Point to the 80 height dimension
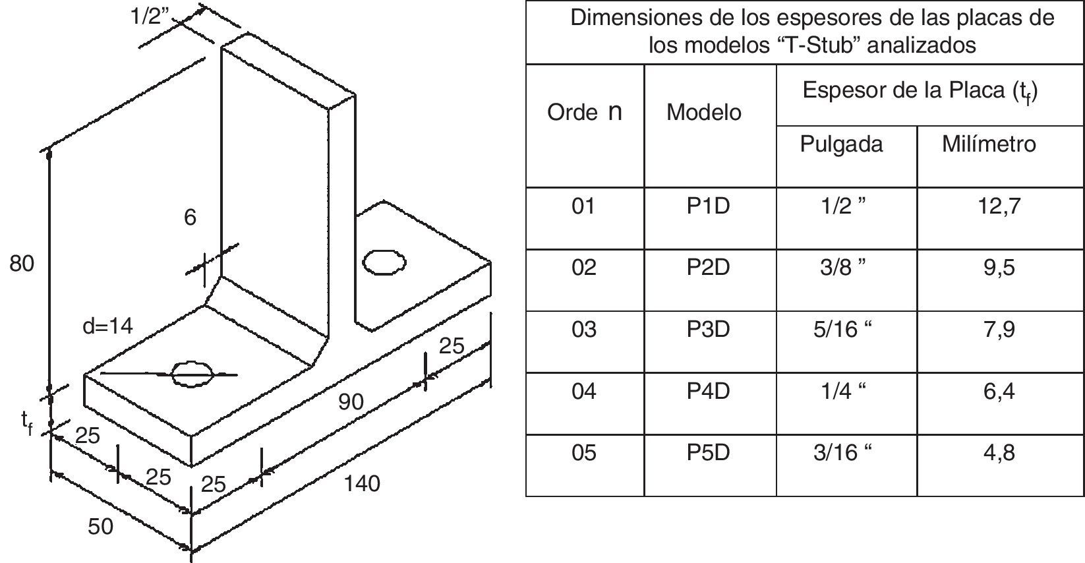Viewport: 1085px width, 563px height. (x=21, y=264)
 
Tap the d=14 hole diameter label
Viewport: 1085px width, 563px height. (x=107, y=326)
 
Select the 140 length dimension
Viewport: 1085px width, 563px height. (x=362, y=484)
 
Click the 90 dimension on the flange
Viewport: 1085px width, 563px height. (x=351, y=401)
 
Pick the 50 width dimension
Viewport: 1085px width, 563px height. (x=100, y=526)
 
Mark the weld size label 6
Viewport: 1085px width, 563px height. (x=190, y=217)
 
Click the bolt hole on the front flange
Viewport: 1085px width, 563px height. (x=192, y=373)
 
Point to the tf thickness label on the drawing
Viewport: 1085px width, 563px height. (x=27, y=422)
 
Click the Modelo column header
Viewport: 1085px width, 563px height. (x=703, y=113)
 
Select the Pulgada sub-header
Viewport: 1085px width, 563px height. (x=841, y=144)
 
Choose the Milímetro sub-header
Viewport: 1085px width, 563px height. (x=989, y=144)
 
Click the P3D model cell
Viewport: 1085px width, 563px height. (x=708, y=329)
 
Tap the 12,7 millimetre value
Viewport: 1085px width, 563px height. (x=999, y=206)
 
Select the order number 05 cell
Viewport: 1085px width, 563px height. (x=583, y=453)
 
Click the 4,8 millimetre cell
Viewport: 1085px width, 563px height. (x=999, y=453)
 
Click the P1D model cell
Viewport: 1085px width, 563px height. (x=708, y=206)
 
